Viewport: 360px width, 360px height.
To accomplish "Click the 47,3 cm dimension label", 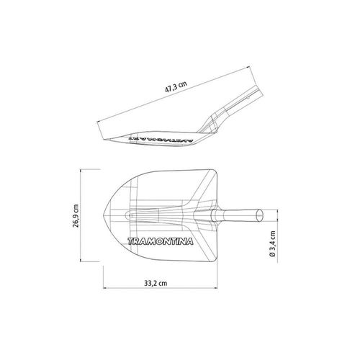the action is pos(176,87).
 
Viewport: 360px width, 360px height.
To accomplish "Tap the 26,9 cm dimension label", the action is pos(76,215).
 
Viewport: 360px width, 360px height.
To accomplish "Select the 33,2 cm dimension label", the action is pos(156,283).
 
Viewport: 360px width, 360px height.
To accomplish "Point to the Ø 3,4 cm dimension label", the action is pos(272,244).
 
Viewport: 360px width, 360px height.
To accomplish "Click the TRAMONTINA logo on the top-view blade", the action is pos(161,241).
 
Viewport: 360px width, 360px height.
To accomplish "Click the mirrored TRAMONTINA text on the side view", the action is pos(161,139).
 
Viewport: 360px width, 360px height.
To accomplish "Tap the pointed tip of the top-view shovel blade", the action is pos(104,215).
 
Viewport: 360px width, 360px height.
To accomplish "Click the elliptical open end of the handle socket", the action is pos(259,215).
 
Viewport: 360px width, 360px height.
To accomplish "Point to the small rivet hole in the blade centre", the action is pos(130,215).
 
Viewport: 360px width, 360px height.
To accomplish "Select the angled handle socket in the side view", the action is pos(230,109).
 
